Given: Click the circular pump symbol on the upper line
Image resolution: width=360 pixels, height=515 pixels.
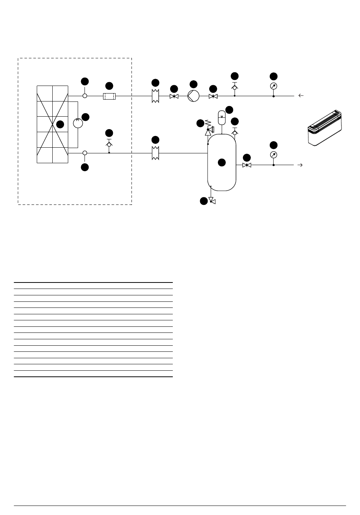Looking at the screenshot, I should tap(193, 96).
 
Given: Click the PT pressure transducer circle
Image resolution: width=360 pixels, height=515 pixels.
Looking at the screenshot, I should tap(78, 124).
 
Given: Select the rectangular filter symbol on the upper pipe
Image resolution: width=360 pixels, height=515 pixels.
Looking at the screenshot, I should tap(109, 96).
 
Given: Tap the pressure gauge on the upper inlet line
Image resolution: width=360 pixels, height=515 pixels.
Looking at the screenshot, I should tap(274, 86).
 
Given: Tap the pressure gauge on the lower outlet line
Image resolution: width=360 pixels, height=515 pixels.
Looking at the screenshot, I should tap(274, 155).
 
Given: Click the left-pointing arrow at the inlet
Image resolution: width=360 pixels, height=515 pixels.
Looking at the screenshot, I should tap(301, 96).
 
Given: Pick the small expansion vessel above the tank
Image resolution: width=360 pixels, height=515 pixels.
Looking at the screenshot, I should tap(222, 116).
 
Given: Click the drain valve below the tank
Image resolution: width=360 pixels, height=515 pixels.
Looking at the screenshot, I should tap(212, 201).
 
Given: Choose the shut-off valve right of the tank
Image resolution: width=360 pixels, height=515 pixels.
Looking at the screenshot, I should tap(247, 165).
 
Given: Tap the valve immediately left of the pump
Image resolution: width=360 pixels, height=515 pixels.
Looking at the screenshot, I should tap(174, 96).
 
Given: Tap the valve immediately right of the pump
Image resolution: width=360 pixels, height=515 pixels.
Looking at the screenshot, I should tap(213, 96).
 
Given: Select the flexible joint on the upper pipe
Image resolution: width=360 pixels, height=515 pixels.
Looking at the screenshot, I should tap(155, 96).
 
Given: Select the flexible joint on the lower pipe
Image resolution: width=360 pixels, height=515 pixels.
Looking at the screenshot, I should tap(155, 153).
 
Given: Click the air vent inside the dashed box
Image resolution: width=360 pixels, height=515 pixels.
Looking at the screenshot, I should tap(109, 144).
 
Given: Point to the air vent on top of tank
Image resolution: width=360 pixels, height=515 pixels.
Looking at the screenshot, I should tap(235, 132).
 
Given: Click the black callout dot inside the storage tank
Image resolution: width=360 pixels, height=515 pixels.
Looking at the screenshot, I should tap(222, 162).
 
